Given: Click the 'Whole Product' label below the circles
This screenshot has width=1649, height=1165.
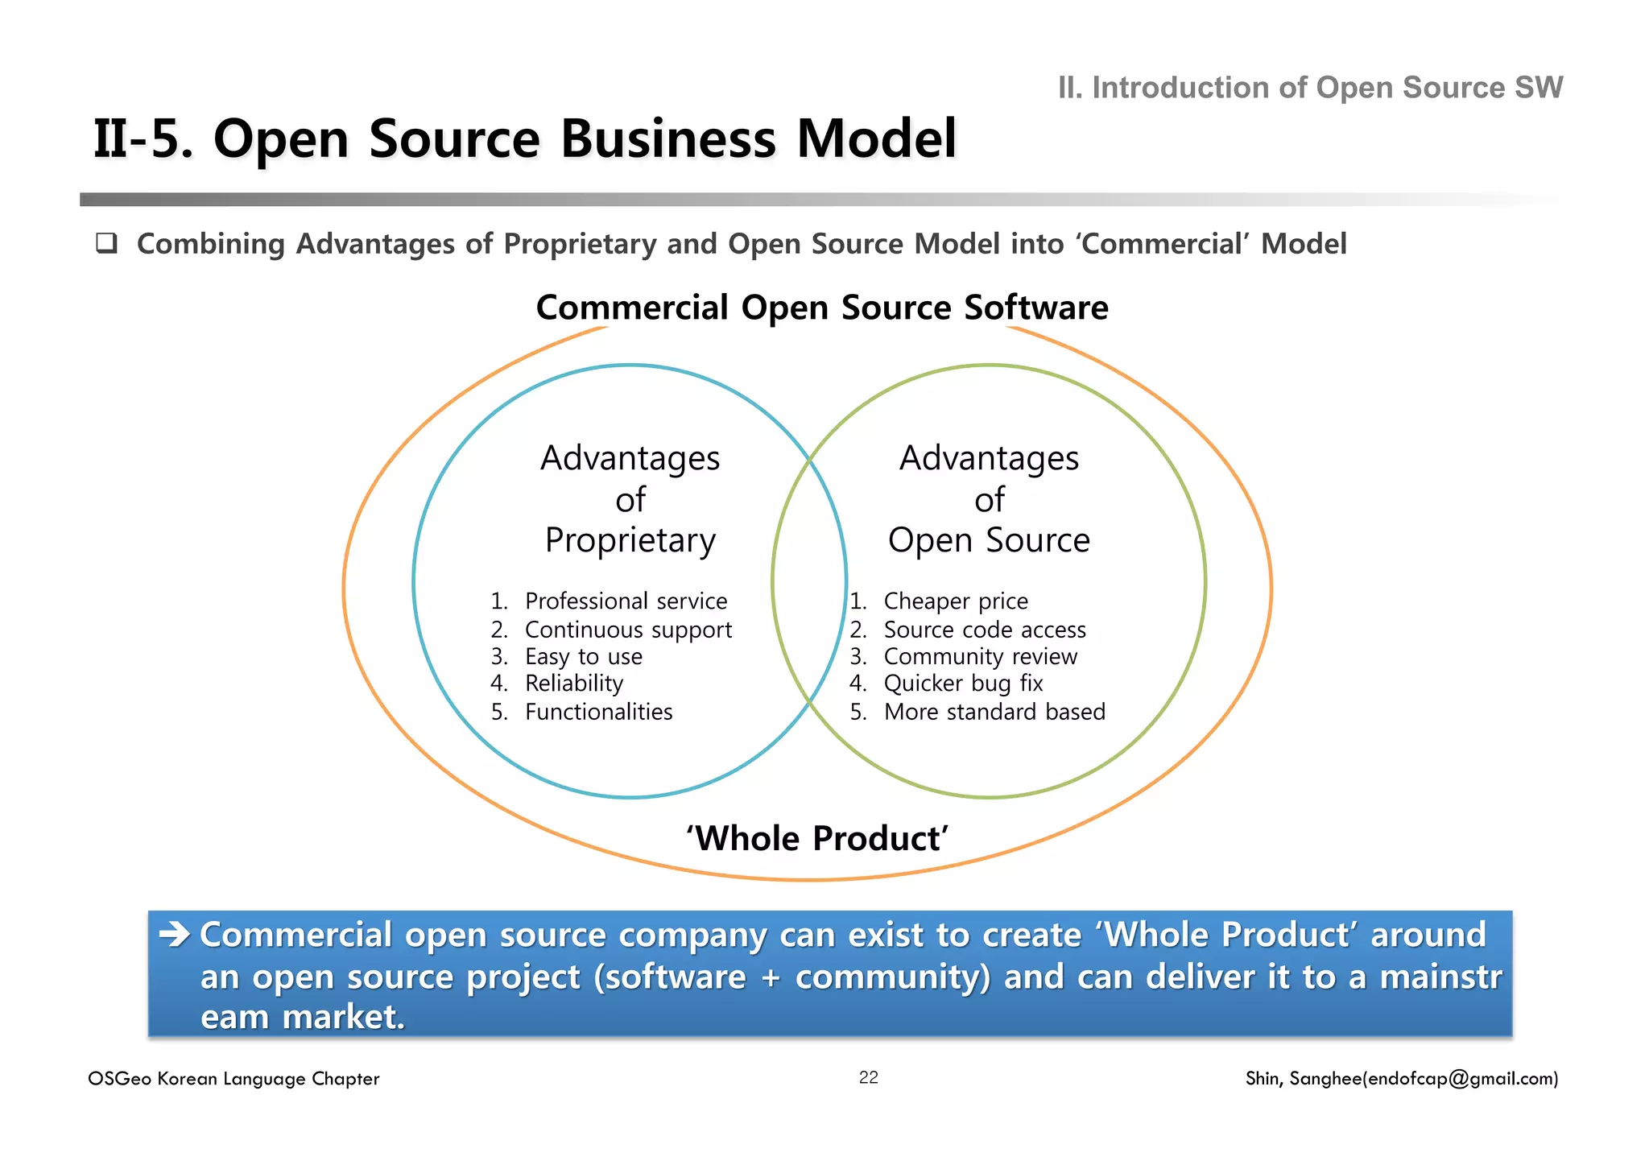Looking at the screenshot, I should point(817,839).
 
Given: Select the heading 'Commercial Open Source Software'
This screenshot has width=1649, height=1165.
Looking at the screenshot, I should point(822,308).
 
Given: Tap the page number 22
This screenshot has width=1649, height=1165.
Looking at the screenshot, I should point(869,1078).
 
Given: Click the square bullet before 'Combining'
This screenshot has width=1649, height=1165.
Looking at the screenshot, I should point(106,243).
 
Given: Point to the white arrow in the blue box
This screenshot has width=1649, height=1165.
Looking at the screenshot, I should point(174,935).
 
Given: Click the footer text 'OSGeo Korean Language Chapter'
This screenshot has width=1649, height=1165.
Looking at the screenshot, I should point(234,1079).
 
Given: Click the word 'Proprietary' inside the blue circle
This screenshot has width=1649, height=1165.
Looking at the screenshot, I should point(630,540).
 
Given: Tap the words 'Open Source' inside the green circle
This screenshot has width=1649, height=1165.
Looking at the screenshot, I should point(989,540).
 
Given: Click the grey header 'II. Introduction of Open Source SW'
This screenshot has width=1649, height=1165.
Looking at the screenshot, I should point(1310,88).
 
